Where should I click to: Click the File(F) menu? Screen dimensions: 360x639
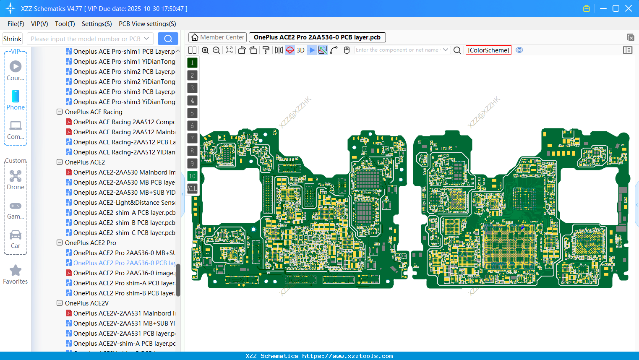(x=16, y=24)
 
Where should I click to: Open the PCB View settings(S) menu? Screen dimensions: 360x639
(x=147, y=24)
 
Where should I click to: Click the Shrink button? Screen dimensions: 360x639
(x=12, y=39)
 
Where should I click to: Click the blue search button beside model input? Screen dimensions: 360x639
(x=168, y=39)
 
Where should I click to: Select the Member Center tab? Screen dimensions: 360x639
(x=217, y=37)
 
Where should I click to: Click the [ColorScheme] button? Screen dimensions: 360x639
(x=488, y=50)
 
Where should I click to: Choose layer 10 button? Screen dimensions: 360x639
(x=192, y=176)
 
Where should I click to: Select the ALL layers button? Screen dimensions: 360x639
(x=192, y=189)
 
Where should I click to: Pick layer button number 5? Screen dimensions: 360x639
(x=192, y=113)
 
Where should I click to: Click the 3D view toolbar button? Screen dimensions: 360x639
(x=300, y=50)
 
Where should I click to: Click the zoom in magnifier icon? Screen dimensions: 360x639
(x=205, y=50)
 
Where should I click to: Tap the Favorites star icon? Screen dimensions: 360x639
(x=16, y=271)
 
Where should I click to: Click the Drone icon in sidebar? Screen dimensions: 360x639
(x=16, y=176)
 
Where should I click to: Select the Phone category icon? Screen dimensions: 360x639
(x=16, y=97)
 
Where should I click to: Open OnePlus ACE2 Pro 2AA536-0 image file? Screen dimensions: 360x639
(x=123, y=273)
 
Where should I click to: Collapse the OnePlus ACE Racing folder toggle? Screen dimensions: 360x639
(x=60, y=112)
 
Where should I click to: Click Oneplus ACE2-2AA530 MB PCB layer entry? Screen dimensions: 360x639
(x=124, y=183)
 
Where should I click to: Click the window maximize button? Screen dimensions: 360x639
(x=616, y=8)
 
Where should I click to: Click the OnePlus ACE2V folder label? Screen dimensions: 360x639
(x=86, y=303)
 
